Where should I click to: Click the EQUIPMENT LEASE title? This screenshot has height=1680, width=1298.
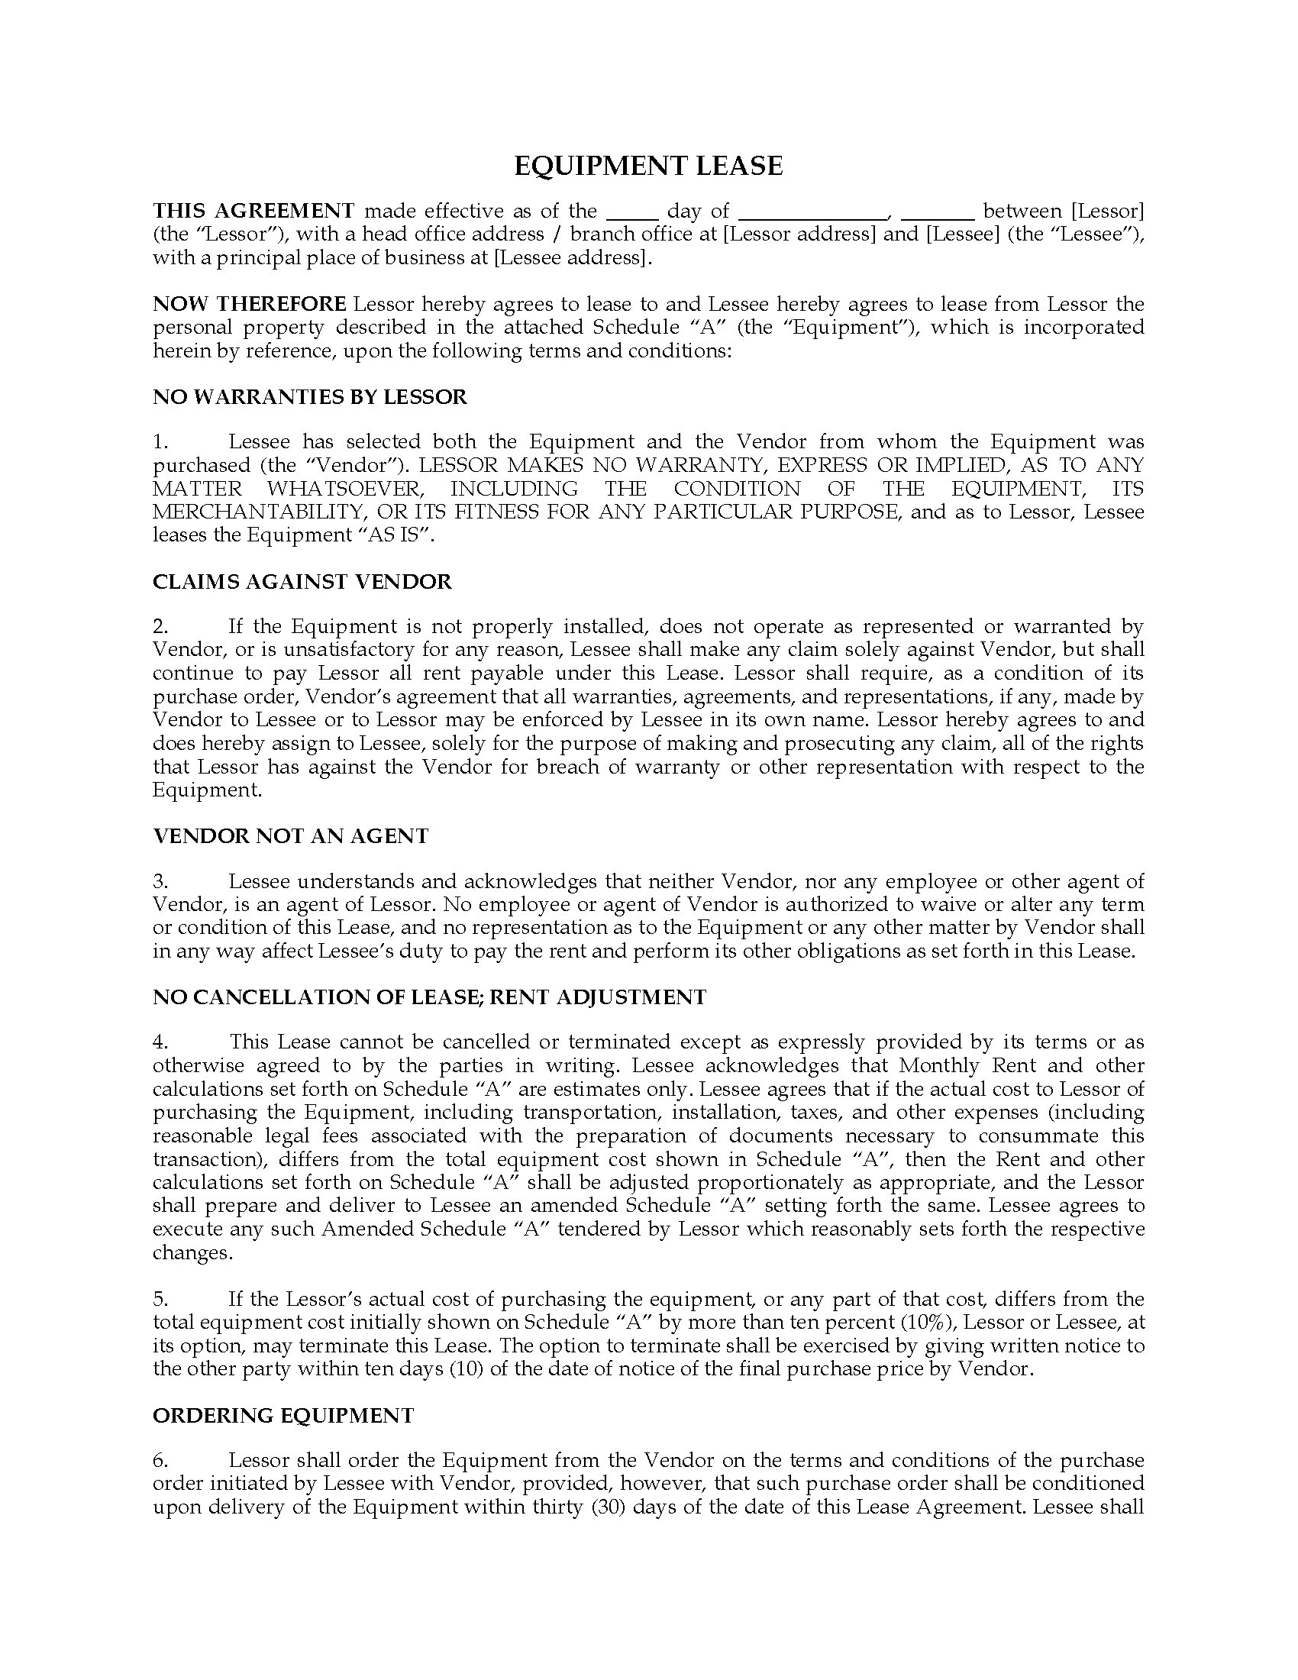(x=648, y=166)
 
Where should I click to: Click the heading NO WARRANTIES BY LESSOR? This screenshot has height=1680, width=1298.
(x=310, y=397)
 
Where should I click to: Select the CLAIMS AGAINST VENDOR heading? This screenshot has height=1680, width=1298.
(x=302, y=582)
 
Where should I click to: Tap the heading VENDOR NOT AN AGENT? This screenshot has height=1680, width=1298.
(x=291, y=836)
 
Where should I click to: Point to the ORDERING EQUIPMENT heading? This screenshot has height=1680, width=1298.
(x=283, y=1416)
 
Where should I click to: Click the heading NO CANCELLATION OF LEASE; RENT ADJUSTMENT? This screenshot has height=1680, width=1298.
(x=429, y=998)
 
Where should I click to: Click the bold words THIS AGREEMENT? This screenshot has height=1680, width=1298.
(x=253, y=211)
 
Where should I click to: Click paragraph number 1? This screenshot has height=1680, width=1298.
(x=160, y=442)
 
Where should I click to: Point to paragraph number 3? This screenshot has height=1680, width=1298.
(x=160, y=881)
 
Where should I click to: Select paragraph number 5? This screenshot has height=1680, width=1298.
(x=160, y=1299)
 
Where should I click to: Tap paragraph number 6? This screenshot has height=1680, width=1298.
(x=160, y=1461)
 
